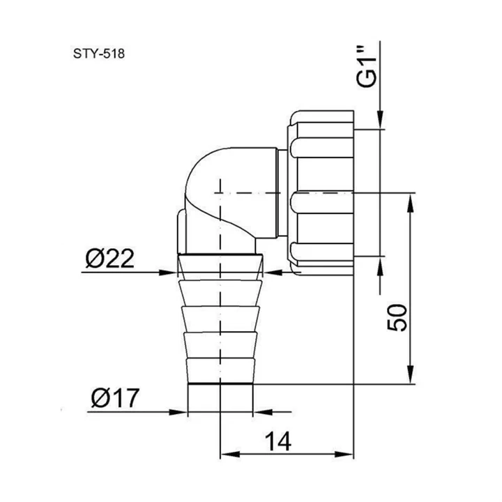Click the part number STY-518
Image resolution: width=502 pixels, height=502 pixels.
tap(98, 53)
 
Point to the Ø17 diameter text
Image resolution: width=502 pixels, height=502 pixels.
tap(116, 399)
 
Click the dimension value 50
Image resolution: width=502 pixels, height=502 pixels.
tap(396, 319)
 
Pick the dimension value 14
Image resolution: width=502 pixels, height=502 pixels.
tap(277, 442)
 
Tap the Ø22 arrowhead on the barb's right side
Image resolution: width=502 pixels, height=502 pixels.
tap(273, 272)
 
